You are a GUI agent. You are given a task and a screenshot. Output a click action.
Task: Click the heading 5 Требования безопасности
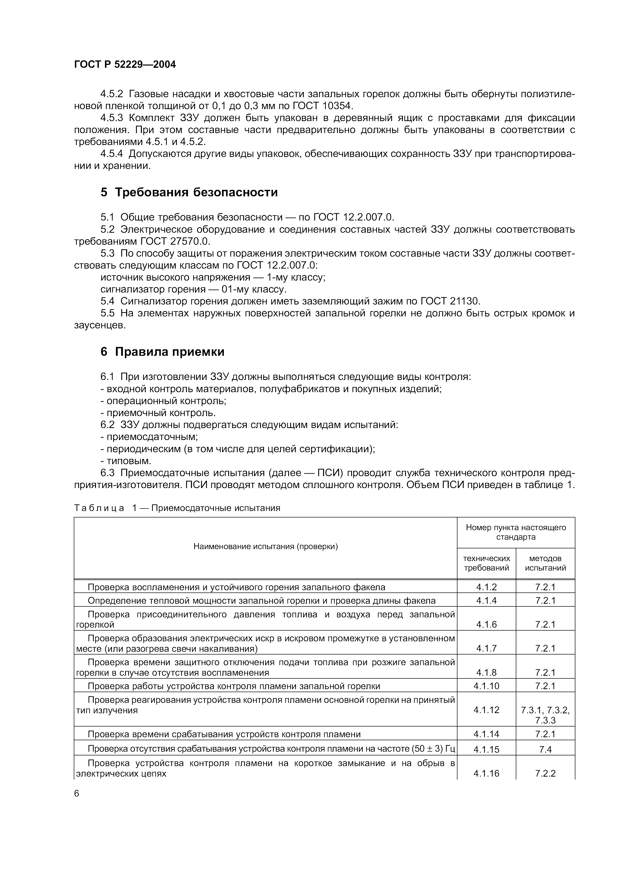click(189, 193)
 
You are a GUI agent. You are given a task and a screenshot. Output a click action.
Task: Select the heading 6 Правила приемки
click(162, 352)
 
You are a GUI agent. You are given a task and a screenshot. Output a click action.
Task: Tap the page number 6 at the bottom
click(77, 793)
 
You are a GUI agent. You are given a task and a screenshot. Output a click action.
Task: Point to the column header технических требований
click(486, 563)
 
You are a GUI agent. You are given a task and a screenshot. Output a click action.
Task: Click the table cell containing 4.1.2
click(486, 587)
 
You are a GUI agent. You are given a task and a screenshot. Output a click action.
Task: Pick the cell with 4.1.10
click(486, 686)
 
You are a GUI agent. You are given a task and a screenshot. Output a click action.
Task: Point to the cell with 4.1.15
click(486, 749)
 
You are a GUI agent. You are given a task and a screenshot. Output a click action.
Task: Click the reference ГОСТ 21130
click(450, 301)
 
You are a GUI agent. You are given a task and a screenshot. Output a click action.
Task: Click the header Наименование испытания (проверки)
click(265, 547)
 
